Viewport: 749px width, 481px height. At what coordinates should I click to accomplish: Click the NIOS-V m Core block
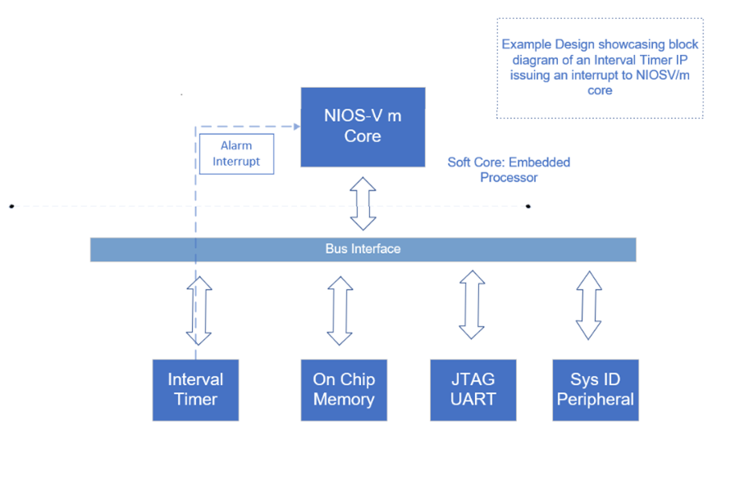click(363, 126)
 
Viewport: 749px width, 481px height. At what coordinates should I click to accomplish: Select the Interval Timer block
click(195, 390)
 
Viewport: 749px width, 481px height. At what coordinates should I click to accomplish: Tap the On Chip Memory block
click(344, 390)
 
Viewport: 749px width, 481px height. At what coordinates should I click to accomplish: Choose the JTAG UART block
click(473, 390)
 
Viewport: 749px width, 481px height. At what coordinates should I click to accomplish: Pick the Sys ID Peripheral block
click(596, 390)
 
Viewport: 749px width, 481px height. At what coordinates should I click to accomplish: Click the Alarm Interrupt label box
click(236, 153)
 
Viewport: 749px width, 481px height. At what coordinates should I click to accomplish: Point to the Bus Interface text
click(363, 249)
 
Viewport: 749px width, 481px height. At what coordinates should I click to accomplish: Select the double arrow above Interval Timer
click(199, 310)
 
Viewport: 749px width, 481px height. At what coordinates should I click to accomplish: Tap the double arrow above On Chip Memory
click(340, 310)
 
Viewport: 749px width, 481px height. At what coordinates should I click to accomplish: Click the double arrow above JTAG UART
click(472, 305)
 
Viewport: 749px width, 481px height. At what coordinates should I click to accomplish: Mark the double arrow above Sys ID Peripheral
click(588, 305)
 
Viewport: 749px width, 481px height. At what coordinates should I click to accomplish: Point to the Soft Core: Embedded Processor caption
click(509, 170)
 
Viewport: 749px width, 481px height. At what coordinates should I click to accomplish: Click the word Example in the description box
click(526, 44)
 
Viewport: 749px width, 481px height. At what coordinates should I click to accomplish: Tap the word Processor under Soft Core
click(509, 177)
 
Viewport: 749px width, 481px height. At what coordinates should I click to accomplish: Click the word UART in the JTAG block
click(473, 400)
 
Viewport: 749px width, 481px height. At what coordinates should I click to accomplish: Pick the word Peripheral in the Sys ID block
click(596, 400)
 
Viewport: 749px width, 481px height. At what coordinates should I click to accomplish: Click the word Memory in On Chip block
click(344, 400)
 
